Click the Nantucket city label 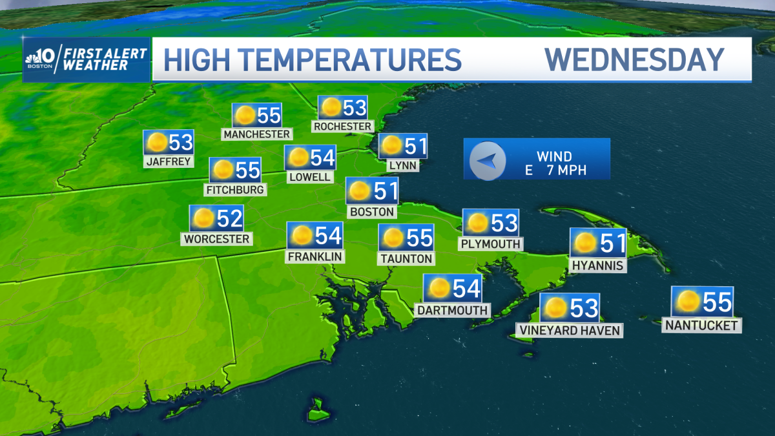(x=701, y=326)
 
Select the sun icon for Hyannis (x=585, y=244)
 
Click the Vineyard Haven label (x=569, y=331)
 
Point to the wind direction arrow (x=487, y=160)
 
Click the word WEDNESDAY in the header (x=634, y=59)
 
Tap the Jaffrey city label (x=169, y=161)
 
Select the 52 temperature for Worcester (x=229, y=219)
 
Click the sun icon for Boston (x=358, y=191)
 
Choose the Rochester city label (x=342, y=127)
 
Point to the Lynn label (x=403, y=165)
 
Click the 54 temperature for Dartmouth (x=466, y=288)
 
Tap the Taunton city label (x=406, y=258)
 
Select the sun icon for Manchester (x=245, y=116)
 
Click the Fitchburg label (x=235, y=190)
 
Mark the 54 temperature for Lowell (x=322, y=158)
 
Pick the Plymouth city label (x=490, y=244)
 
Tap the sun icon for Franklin (x=300, y=236)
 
